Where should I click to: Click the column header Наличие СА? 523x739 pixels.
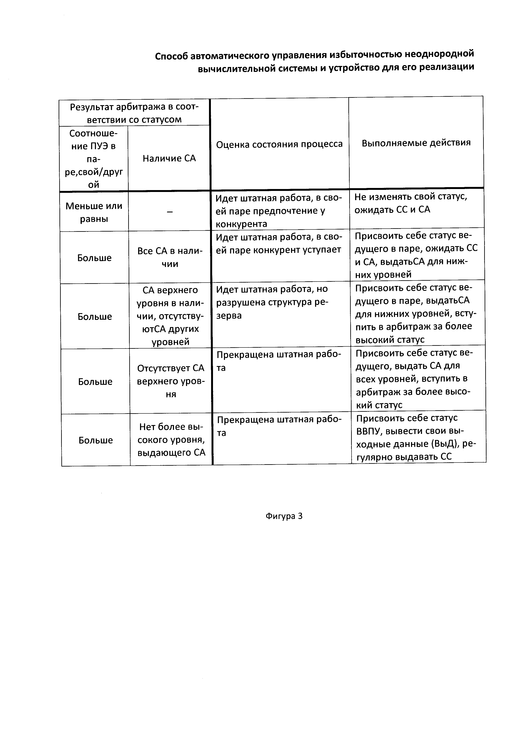click(x=169, y=158)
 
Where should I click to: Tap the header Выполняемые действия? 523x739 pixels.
click(x=416, y=143)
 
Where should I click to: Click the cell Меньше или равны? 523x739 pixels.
click(x=94, y=212)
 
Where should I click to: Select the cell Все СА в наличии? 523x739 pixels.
click(x=170, y=258)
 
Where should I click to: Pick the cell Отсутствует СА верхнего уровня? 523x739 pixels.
click(x=171, y=381)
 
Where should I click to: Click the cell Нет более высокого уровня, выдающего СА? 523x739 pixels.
click(x=171, y=440)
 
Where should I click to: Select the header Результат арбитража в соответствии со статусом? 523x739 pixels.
click(x=134, y=113)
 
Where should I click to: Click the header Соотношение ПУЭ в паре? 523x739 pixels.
click(x=93, y=159)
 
